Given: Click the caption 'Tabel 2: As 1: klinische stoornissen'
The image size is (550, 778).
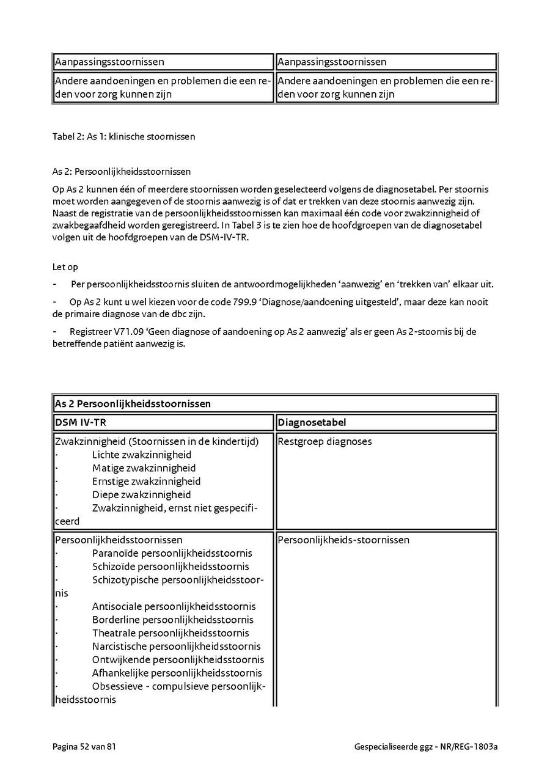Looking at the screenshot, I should [x=123, y=137].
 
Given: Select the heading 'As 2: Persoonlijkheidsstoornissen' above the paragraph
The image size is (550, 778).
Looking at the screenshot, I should [x=121, y=172].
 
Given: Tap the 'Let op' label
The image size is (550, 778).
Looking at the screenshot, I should [x=65, y=267].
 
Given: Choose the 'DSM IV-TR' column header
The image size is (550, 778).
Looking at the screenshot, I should [x=76, y=422].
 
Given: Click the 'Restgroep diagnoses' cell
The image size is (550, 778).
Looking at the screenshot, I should [x=324, y=441].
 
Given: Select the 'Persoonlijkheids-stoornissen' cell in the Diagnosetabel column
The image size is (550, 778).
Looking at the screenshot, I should [x=343, y=540].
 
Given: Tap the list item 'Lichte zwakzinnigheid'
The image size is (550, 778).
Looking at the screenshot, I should [x=141, y=455].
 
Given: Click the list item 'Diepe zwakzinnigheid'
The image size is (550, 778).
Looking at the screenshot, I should [x=141, y=494].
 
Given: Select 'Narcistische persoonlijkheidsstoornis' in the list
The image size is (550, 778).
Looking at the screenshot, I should [x=176, y=646].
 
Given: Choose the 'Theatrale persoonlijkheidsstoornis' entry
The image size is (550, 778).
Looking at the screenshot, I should [x=170, y=633].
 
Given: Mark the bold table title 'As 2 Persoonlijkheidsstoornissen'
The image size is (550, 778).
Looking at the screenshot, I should [x=133, y=404].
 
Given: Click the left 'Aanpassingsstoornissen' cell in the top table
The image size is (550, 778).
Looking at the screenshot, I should [x=109, y=62].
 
